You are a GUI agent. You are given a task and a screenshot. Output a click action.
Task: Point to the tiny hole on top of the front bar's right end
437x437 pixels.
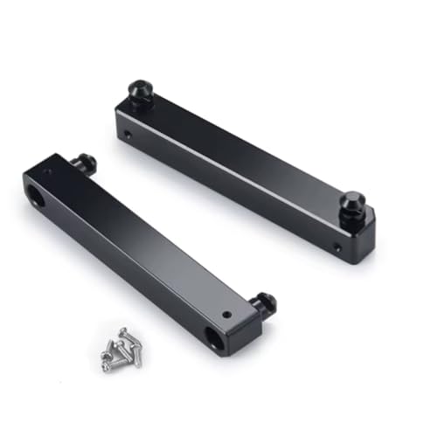(225, 314)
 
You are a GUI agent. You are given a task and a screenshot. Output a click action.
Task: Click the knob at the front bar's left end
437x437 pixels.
(87, 163)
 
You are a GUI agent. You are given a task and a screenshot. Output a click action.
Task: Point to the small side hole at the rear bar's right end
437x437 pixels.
(337, 248)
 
